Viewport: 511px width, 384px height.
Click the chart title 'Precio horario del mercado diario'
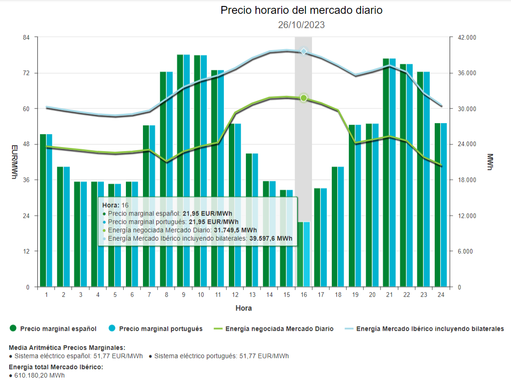301,10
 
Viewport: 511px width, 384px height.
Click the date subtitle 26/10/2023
301,25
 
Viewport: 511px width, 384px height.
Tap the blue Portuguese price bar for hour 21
392,173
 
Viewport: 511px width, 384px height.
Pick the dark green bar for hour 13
249,220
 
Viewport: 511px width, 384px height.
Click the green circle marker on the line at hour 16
303,98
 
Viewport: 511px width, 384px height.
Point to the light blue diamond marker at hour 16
303,51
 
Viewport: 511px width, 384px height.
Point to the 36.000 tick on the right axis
466,73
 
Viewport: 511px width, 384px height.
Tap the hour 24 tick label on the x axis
441,294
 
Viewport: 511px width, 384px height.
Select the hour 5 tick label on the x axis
115,294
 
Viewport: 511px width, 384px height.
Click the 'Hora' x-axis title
244,308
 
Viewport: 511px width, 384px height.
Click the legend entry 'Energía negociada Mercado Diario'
279,328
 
